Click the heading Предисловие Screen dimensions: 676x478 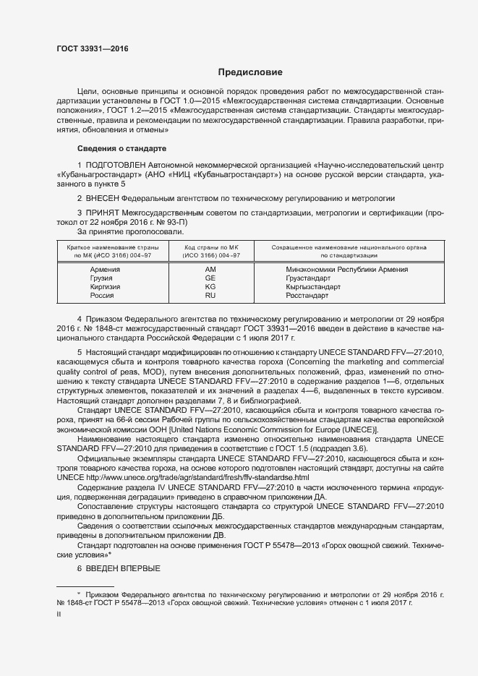tap(250, 72)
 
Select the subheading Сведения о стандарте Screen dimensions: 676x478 tap(121, 148)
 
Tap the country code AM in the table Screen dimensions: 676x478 tap(210, 269)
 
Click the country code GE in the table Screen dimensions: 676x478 tap(210, 278)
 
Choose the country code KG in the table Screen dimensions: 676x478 tap(210, 286)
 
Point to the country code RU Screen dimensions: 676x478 tap(210, 295)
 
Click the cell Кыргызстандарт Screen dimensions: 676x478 tap(312, 286)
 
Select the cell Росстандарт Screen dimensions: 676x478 tap(307, 295)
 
